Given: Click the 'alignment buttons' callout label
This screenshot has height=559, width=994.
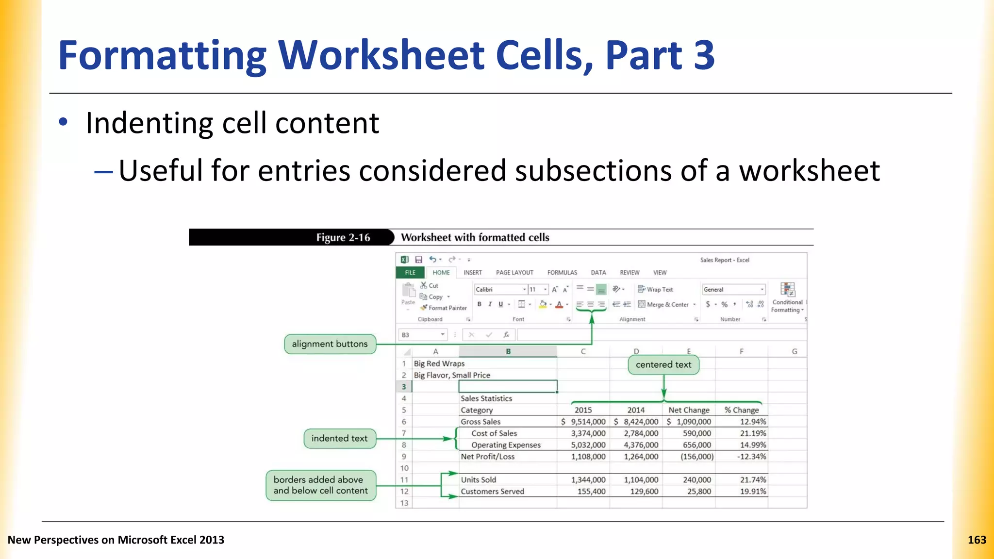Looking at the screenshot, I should tap(330, 344).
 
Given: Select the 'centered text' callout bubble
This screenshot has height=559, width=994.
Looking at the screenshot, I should tap(663, 365).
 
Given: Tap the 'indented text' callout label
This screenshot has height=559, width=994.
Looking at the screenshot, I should tap(339, 439).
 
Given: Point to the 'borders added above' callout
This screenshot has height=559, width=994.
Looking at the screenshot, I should tap(321, 485).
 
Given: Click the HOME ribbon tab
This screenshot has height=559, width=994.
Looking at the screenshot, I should tap(441, 273).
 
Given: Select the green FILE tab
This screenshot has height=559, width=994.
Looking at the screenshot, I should tap(410, 273).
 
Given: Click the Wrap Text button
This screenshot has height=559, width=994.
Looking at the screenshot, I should tap(655, 290).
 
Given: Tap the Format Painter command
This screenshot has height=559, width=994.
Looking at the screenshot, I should tap(444, 308).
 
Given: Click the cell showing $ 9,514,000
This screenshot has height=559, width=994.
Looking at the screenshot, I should tap(583, 422).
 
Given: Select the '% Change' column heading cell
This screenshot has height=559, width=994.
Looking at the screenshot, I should tap(741, 411).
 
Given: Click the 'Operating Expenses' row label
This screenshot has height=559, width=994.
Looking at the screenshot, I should tap(506, 445).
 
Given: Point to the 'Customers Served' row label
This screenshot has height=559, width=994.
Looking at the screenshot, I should tap(492, 492).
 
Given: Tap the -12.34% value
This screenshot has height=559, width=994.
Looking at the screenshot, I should tap(751, 457).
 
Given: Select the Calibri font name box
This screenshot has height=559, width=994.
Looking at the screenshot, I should tap(499, 290).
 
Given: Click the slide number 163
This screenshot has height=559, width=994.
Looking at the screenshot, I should tap(977, 540).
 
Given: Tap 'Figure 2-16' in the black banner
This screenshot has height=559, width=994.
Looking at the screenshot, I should tap(343, 238).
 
